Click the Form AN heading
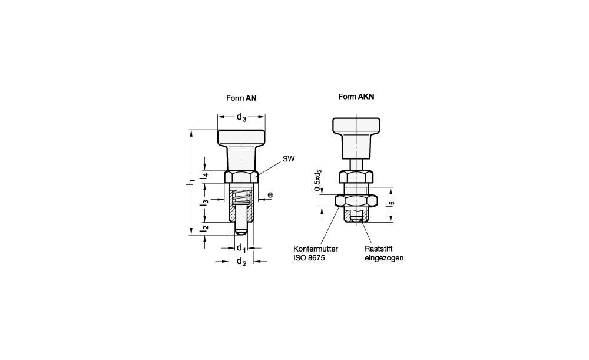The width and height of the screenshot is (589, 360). point(241,98)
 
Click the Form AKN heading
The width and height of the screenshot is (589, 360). point(356,97)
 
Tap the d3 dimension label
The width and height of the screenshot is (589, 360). point(241,117)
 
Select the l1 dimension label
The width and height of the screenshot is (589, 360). point(191,182)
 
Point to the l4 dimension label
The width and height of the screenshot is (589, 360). point(204,175)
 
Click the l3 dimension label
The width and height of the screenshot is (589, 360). point(204,203)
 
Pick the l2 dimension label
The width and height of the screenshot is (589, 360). point(204,227)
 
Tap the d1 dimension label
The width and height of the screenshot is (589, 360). point(241,248)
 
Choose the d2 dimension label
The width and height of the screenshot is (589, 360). point(241,262)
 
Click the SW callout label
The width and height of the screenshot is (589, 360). point(289,159)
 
